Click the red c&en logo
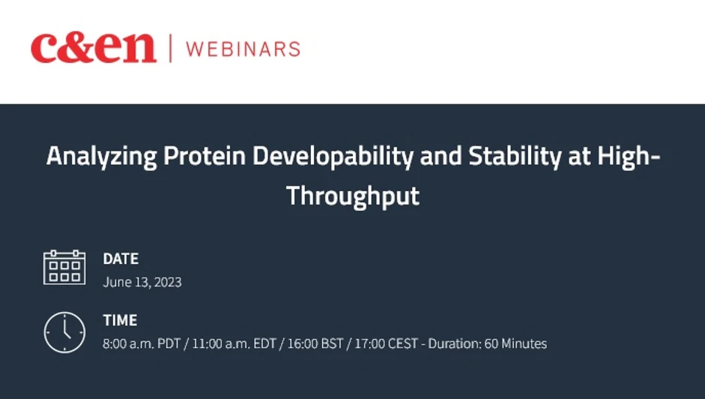tap(93, 49)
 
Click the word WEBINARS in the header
tap(243, 49)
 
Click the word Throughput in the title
tap(352, 195)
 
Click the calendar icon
tap(64, 268)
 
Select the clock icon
tap(64, 331)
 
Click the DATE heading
tap(121, 259)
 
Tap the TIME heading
tap(120, 320)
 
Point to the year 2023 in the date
tap(167, 283)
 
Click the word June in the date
tap(116, 283)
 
